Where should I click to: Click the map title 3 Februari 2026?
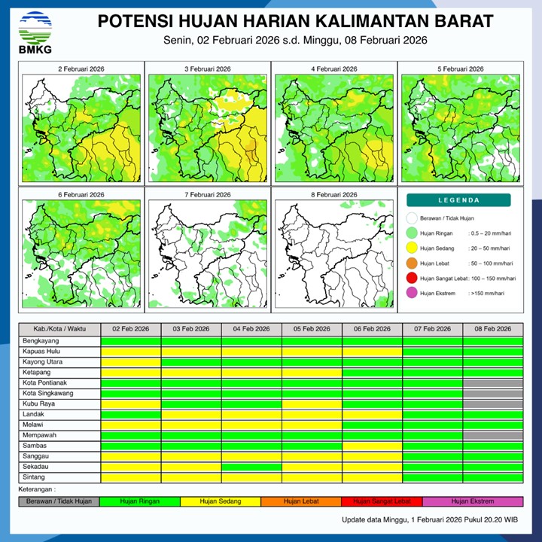[x=209, y=69]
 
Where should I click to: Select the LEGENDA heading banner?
[x=458, y=200]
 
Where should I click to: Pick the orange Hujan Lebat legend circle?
[x=411, y=263]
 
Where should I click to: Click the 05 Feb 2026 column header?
[x=312, y=330]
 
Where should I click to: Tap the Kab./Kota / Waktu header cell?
[x=59, y=330]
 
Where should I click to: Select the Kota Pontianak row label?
[x=47, y=382]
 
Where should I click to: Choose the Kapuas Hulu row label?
[x=41, y=351]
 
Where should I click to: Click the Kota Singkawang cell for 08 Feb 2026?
[x=493, y=393]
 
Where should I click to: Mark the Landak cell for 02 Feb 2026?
[x=130, y=414]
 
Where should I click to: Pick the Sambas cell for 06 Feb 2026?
[x=372, y=446]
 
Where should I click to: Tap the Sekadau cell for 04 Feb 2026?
[x=251, y=467]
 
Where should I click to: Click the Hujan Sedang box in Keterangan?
[x=221, y=501]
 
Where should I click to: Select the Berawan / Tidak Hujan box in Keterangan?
[x=59, y=501]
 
